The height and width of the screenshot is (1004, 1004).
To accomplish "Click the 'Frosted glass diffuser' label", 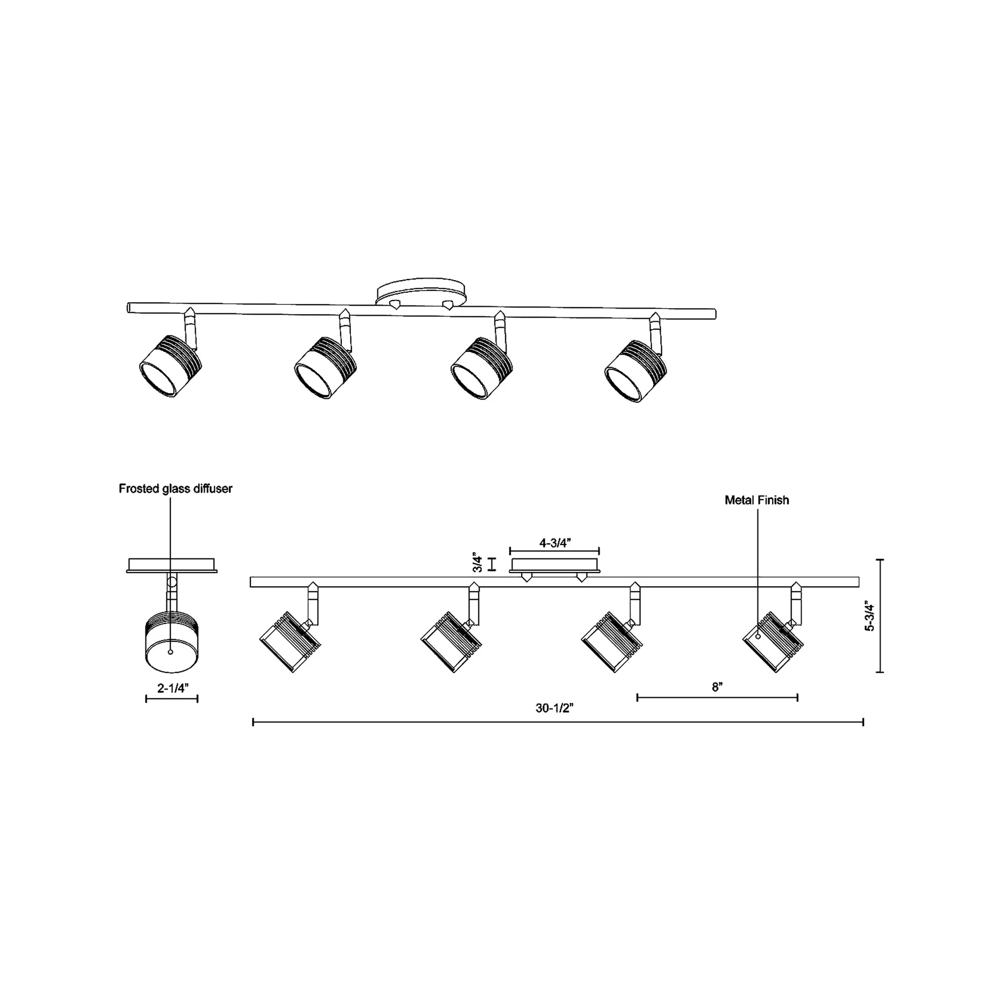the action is pyautogui.click(x=176, y=488).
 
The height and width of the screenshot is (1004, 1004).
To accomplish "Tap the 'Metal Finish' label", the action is pyautogui.click(x=757, y=500).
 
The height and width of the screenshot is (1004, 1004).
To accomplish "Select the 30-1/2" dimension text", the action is pyautogui.click(x=555, y=708).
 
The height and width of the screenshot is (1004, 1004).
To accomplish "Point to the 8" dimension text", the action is pyautogui.click(x=717, y=687).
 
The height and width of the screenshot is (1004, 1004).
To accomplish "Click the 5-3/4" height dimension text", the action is pyautogui.click(x=870, y=616).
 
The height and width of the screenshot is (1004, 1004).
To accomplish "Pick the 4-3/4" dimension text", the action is pyautogui.click(x=555, y=543).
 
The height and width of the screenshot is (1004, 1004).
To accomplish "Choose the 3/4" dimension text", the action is pyautogui.click(x=477, y=563).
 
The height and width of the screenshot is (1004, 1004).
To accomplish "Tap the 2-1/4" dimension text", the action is pyautogui.click(x=173, y=688).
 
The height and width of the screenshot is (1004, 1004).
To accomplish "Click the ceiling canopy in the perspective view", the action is pyautogui.click(x=421, y=294).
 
